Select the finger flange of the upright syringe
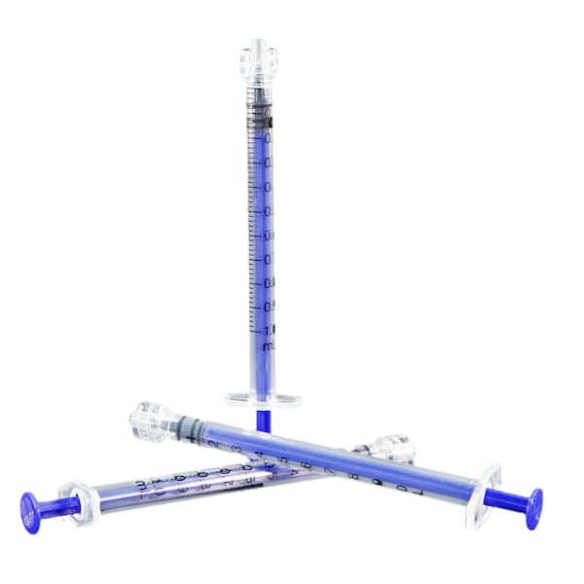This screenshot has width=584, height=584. coord(263,399)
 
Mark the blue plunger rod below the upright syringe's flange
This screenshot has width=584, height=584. coord(262,418)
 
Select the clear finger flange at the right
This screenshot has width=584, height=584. coord(483,493)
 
